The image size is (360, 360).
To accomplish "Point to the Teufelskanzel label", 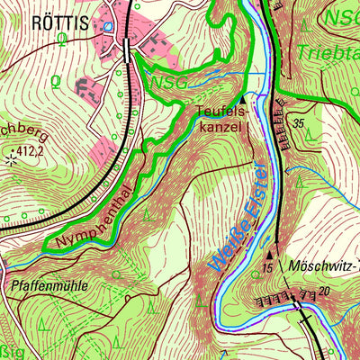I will coord(220,119).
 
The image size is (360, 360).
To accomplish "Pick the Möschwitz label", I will coord(321,266).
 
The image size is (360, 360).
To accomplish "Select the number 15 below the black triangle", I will coord(267,268).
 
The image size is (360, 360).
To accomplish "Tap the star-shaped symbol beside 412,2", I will coord(11,160).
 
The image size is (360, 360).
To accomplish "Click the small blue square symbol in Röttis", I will coord(109,27).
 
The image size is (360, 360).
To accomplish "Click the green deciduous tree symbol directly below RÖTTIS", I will coord(61,39).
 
